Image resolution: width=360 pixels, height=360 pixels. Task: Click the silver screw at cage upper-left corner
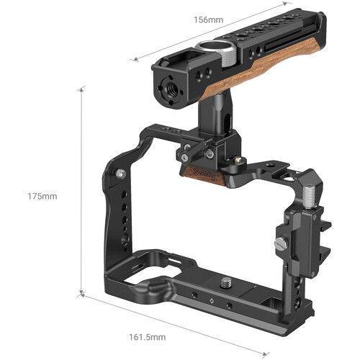[x=119, y=174]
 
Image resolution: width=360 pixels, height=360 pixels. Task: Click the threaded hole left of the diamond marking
[x=194, y=299]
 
